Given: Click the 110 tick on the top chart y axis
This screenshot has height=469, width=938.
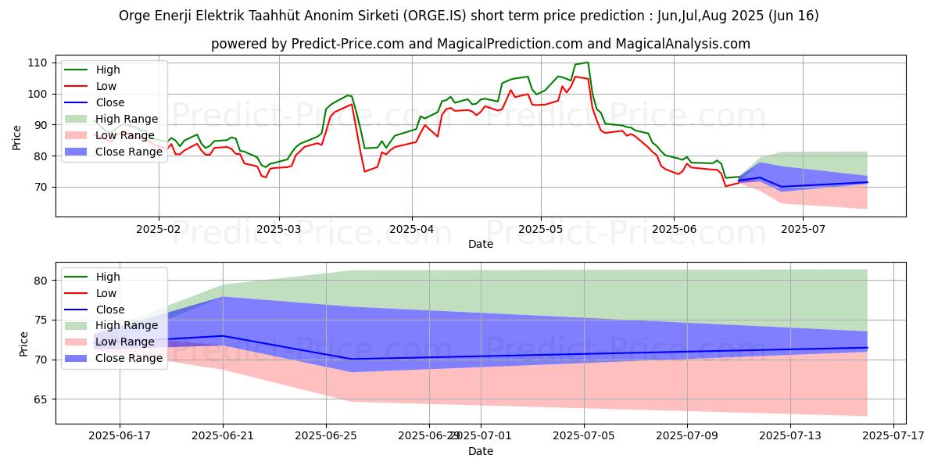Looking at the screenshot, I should tap(37, 63).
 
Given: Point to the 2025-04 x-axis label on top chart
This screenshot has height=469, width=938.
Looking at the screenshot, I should tap(412, 229).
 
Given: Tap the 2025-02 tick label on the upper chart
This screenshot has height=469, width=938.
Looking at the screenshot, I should tap(159, 229).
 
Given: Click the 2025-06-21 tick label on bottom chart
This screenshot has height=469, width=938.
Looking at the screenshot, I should tap(223, 437).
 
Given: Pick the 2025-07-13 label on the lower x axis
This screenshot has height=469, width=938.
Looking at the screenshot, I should tap(790, 437).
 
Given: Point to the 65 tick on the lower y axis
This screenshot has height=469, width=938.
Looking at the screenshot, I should tap(40, 399).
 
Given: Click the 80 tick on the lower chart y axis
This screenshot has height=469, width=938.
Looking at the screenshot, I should tap(40, 281).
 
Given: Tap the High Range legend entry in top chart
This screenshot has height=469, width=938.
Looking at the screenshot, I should tap(126, 119).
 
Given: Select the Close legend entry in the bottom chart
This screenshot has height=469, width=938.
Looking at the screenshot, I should tap(111, 310).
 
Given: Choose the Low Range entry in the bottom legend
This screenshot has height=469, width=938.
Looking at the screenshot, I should tap(125, 342).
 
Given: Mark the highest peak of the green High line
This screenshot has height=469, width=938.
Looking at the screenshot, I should tap(587, 63).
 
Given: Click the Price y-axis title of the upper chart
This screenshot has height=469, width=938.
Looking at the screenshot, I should tap(17, 136).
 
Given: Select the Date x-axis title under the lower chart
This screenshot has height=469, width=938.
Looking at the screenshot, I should tap(480, 451).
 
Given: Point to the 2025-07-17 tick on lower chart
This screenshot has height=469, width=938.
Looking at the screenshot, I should tap(893, 437).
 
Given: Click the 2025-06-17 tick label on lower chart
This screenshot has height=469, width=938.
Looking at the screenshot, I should tap(120, 437).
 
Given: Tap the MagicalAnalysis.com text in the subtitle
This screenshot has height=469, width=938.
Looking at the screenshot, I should tap(682, 44).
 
